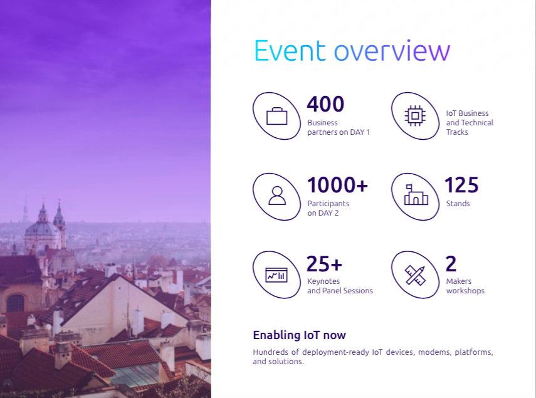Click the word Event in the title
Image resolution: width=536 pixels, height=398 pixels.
290,51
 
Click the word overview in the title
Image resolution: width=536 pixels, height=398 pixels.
392,51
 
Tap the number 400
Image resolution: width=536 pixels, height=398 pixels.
325,104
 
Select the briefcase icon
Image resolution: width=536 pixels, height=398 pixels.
276,116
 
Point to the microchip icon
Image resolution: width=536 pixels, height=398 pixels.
415,116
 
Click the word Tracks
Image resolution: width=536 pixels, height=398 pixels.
457,132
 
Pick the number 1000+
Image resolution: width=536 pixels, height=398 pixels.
337,185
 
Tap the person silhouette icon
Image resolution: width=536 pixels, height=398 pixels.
277,196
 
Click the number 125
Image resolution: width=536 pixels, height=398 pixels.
461,185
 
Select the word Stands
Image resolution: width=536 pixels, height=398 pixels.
458,204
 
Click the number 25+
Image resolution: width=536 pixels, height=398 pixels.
324,264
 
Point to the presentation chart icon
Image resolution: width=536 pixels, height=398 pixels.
276,275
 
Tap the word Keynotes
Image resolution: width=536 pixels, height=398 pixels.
323,281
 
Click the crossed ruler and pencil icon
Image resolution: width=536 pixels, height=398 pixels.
416,275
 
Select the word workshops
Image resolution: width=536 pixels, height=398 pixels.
465,291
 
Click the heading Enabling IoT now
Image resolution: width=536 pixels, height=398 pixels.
300,335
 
